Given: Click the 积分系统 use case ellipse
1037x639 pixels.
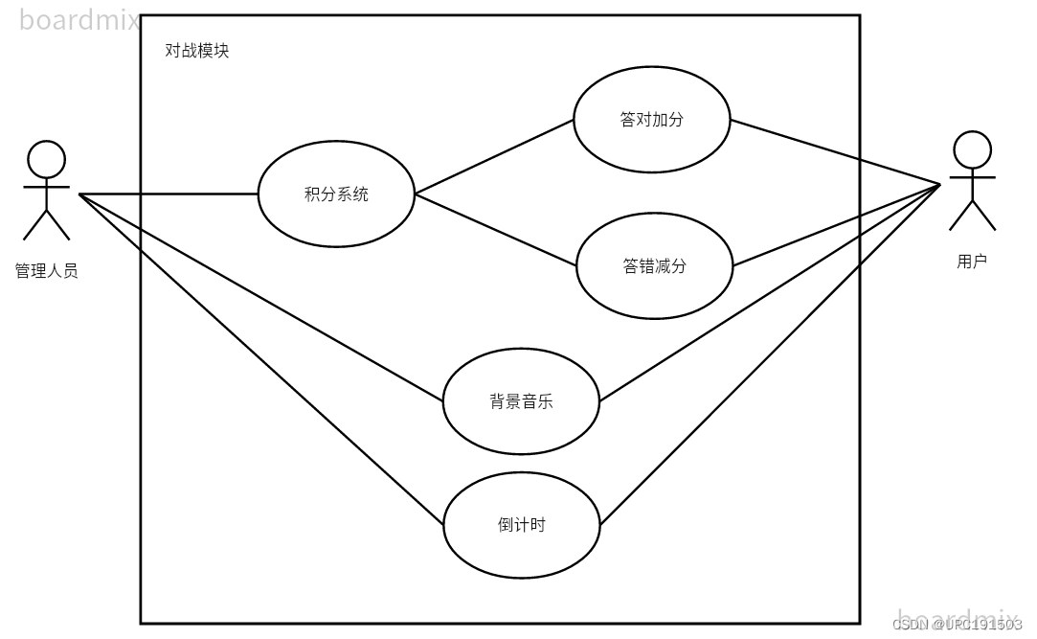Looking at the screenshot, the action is [336, 194].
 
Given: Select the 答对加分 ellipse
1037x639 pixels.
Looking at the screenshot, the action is [651, 120].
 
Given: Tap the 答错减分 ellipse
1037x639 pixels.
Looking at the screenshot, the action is [654, 266].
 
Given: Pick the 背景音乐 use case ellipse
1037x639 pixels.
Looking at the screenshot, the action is [521, 402].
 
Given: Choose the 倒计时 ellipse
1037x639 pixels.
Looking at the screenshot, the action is [522, 525].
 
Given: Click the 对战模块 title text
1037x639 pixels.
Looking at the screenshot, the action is [197, 51].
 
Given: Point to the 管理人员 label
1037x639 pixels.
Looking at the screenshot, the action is [46, 271].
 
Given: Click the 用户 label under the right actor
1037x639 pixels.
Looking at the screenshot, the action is [972, 261].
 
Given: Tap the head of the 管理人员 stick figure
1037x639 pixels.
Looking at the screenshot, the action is [46, 159].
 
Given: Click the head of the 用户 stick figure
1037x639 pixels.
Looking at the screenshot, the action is [972, 150].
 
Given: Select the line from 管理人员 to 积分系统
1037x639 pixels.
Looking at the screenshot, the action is [169, 194].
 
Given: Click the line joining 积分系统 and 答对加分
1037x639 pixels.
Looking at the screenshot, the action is [494, 157].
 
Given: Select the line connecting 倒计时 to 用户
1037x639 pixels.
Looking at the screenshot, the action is [769, 354].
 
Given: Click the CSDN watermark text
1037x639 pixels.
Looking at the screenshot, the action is [957, 625].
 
